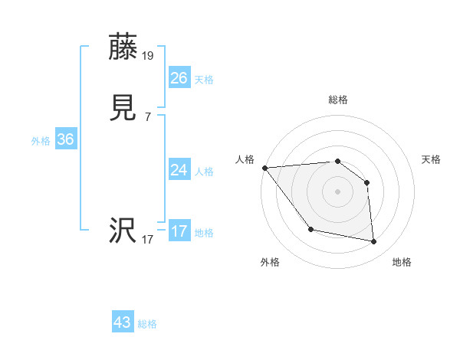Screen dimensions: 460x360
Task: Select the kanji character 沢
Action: [x=123, y=231]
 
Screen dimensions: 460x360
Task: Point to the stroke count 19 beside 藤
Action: [x=148, y=55]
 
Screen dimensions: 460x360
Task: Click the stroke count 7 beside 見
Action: [x=147, y=117]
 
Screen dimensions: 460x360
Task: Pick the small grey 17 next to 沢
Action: [x=147, y=240]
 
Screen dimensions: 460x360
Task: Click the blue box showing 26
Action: [x=179, y=77]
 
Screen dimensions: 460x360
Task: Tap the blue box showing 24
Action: [x=179, y=170]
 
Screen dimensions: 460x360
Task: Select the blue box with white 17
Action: [x=179, y=231]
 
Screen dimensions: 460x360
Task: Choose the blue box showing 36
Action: [x=65, y=139]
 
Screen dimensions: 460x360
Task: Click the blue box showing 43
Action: [x=123, y=322]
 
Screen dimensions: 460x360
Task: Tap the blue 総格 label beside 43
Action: [x=148, y=324]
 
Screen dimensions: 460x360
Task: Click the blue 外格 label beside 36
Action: [x=41, y=141]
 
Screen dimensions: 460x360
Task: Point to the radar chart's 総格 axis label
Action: [x=338, y=100]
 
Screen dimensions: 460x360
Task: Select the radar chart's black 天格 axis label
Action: [x=432, y=159]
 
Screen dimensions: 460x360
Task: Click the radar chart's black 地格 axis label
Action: [x=402, y=262]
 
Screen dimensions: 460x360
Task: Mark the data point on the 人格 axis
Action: [x=264, y=168]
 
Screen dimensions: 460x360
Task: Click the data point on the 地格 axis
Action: [x=374, y=242]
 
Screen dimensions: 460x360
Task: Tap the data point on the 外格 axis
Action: [x=310, y=229]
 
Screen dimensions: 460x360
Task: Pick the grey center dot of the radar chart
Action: [x=338, y=191]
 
